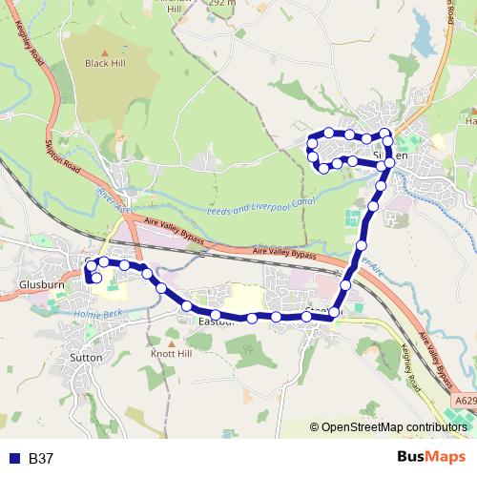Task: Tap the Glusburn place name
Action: (x=39, y=284)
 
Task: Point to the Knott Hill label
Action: (x=171, y=352)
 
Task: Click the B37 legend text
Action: (x=41, y=458)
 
